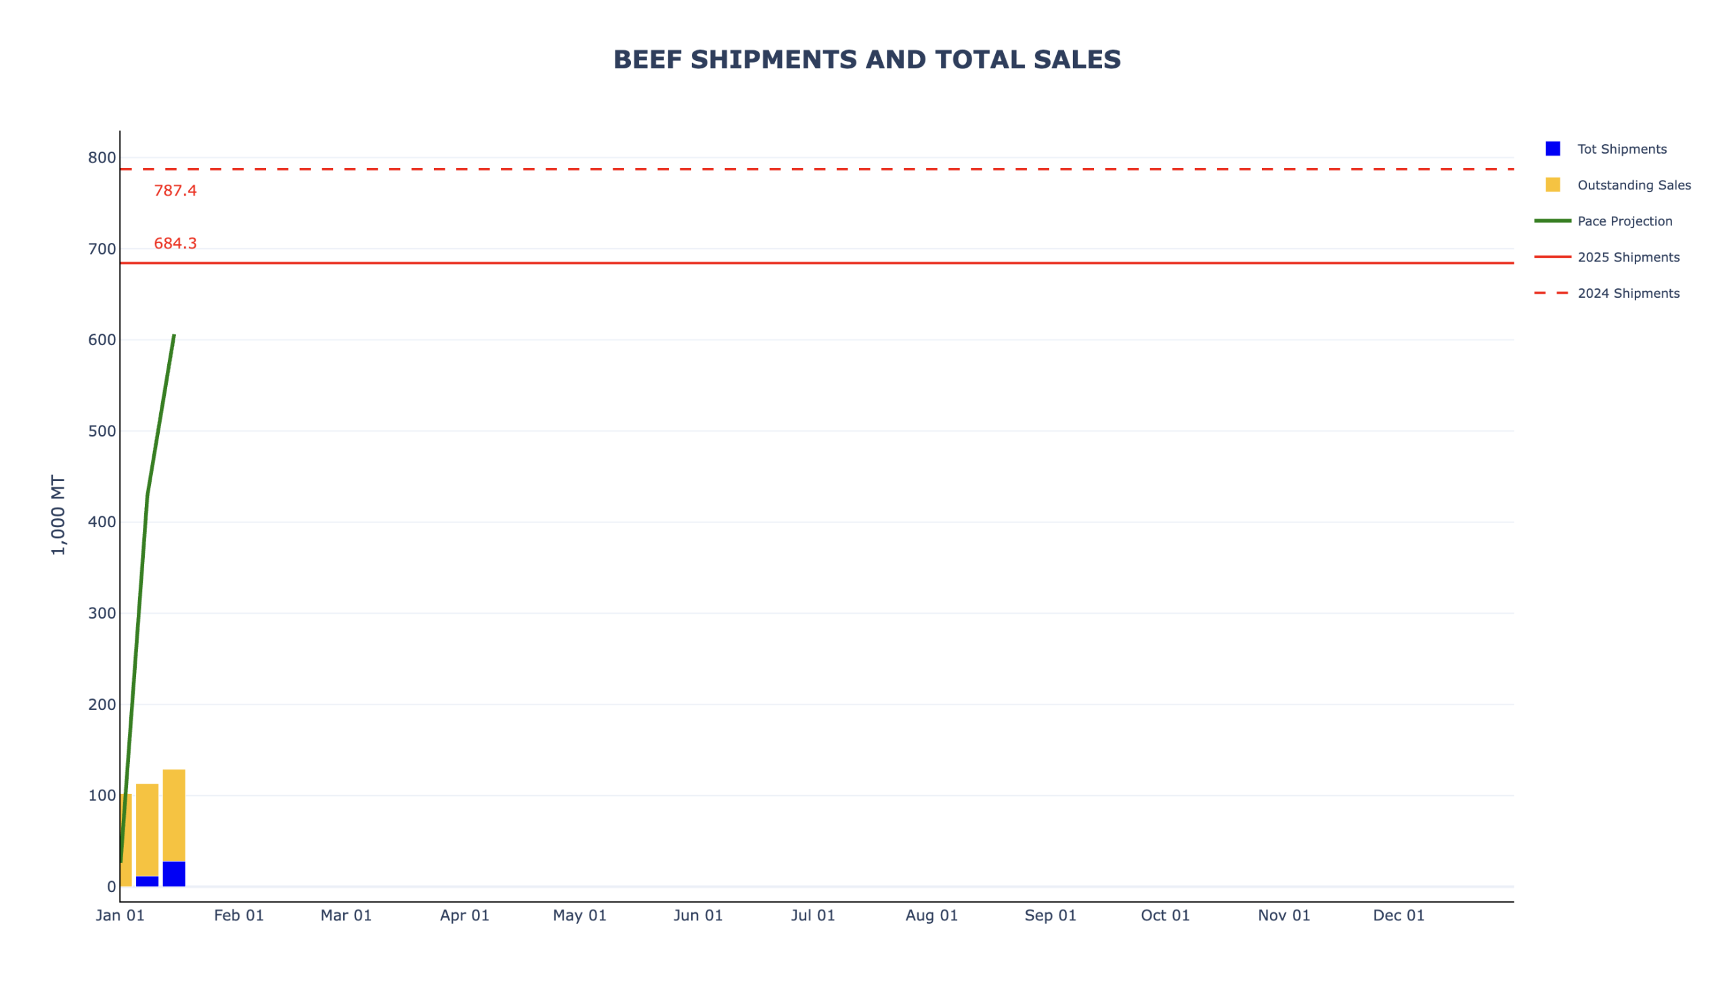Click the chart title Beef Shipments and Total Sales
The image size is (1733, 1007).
coord(866,60)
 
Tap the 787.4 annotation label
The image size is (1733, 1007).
coord(175,191)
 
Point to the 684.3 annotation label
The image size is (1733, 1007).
coord(175,244)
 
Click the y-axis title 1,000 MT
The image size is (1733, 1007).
coord(58,516)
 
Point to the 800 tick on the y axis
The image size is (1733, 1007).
coord(102,158)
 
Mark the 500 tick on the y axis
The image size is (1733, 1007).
coord(102,432)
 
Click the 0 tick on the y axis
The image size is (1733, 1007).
coord(111,887)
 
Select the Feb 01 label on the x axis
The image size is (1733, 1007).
coord(239,916)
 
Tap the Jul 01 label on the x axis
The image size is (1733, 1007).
coord(812,916)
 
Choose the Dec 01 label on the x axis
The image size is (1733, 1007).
coord(1398,916)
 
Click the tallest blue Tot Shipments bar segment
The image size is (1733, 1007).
coord(174,874)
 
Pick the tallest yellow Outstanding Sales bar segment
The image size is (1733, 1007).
coord(174,815)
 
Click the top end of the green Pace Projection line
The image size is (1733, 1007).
coord(174,336)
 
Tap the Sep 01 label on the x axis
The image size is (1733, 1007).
coord(1049,916)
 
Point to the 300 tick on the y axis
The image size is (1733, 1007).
coord(102,614)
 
